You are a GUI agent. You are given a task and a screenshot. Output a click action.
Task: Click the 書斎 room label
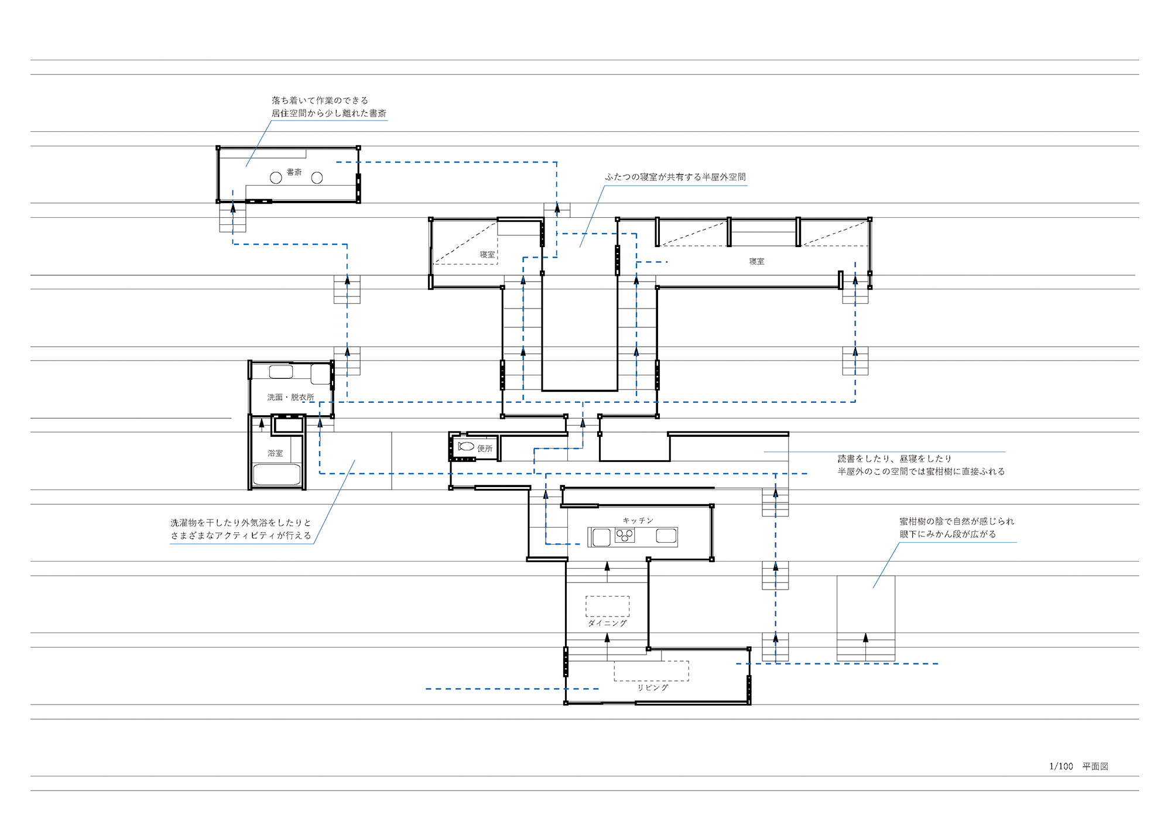pyautogui.click(x=294, y=172)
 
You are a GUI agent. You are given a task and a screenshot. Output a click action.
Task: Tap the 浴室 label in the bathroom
pyautogui.click(x=275, y=453)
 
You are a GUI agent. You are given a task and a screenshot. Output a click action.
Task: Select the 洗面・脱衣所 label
pyautogui.click(x=290, y=397)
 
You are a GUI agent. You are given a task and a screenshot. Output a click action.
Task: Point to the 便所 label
pyautogui.click(x=485, y=449)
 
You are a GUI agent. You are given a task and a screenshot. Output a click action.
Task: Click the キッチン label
pyautogui.click(x=638, y=521)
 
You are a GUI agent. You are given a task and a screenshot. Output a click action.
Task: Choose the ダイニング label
pyautogui.click(x=607, y=623)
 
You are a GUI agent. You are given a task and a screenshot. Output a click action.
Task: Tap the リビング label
pyautogui.click(x=653, y=687)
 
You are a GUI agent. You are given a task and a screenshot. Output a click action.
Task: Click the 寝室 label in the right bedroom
pyautogui.click(x=756, y=262)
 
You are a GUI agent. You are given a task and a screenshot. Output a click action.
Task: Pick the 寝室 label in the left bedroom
pyautogui.click(x=487, y=255)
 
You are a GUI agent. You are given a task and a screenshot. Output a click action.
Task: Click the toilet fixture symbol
pyautogui.click(x=466, y=446)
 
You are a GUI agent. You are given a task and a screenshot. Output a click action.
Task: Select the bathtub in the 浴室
pyautogui.click(x=277, y=474)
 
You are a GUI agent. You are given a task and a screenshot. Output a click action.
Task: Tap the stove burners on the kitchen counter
pyautogui.click(x=625, y=535)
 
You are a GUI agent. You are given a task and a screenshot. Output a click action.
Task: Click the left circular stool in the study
pyautogui.click(x=276, y=177)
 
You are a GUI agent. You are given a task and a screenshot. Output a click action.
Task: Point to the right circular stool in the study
pyautogui.click(x=317, y=177)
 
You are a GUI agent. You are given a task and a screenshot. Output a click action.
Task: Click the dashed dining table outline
pyautogui.click(x=608, y=606)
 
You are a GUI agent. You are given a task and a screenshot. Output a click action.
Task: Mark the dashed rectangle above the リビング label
pyautogui.click(x=651, y=671)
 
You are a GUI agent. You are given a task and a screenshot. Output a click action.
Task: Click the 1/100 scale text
pyautogui.click(x=1061, y=767)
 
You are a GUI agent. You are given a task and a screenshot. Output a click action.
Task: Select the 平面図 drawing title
pyautogui.click(x=1095, y=767)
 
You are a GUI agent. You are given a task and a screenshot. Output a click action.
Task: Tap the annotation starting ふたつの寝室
pyautogui.click(x=675, y=177)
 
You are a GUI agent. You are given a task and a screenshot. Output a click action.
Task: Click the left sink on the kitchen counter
pyautogui.click(x=601, y=537)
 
